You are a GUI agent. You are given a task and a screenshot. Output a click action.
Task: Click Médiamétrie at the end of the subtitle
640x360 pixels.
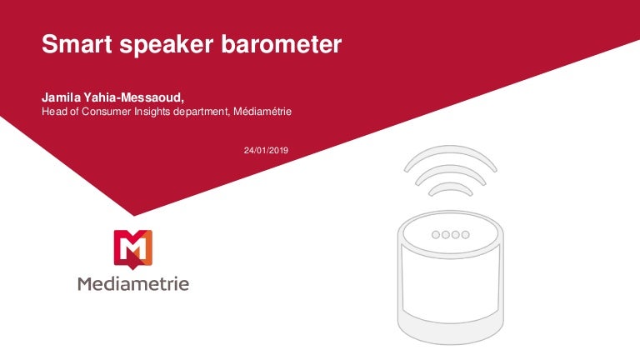[265, 112]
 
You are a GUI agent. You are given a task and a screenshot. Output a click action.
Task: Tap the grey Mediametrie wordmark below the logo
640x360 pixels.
[133, 284]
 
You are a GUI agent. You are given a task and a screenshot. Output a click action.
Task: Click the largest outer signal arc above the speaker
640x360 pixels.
[450, 156]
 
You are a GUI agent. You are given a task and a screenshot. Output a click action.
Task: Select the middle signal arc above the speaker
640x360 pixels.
[450, 172]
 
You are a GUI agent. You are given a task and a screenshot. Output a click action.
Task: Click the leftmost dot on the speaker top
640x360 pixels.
[435, 234]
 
